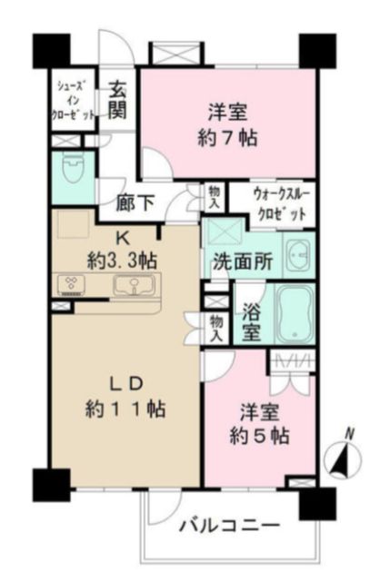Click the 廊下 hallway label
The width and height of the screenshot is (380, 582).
135,204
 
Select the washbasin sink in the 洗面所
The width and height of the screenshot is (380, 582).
297,257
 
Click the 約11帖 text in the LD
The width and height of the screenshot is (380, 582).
127,408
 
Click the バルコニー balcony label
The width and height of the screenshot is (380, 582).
229,526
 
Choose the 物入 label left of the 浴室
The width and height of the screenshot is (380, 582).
215,328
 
